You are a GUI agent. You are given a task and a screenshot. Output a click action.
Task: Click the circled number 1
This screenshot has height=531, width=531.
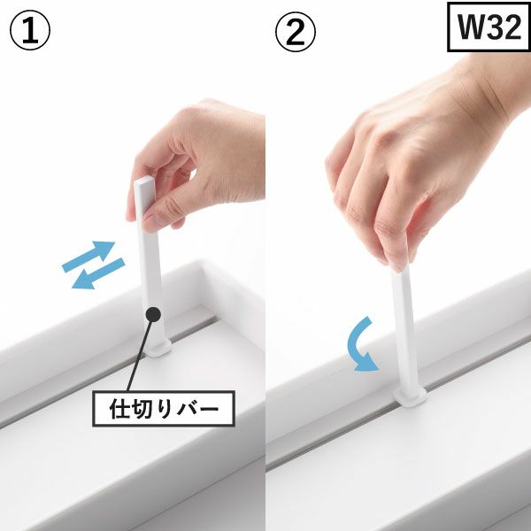point(30,30)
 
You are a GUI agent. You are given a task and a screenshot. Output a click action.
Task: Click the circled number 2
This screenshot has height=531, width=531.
point(296,32)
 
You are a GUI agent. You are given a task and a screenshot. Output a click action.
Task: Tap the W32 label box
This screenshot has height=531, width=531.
point(489,27)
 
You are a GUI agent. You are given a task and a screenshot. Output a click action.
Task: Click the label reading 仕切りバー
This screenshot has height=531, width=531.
point(164,408)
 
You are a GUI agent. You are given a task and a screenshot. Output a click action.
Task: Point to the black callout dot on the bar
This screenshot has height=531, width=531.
point(153,314)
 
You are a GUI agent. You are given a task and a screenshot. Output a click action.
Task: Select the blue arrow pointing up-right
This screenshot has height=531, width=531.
point(88,255)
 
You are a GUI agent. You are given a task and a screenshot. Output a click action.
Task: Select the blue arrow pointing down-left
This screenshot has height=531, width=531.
point(98,274)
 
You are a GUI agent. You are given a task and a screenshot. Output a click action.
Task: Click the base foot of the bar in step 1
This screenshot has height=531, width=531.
point(158,349)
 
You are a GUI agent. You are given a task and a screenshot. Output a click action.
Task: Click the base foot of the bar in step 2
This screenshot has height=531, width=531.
point(410,396)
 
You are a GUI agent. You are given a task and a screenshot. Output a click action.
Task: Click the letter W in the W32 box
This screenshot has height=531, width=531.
point(469,27)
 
